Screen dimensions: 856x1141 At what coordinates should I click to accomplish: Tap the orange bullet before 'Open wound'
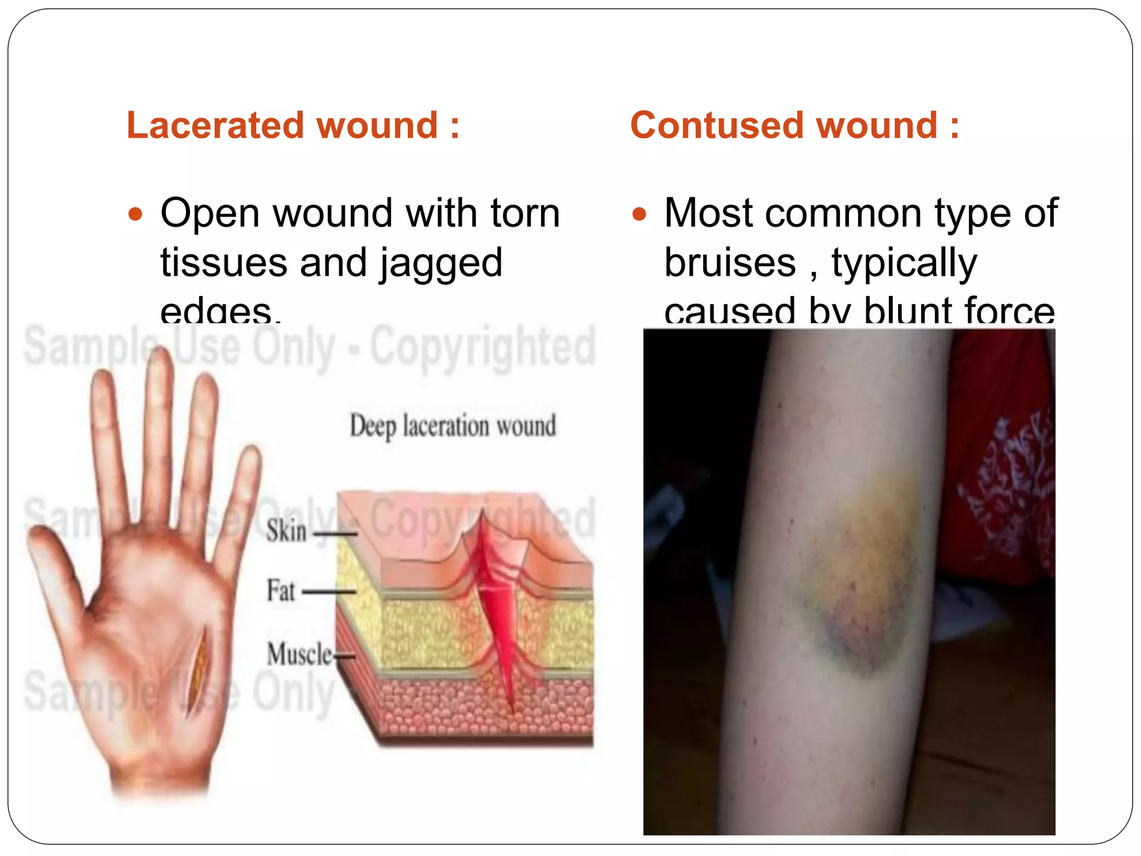(x=135, y=214)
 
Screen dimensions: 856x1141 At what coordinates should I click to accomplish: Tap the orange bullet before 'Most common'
(x=639, y=214)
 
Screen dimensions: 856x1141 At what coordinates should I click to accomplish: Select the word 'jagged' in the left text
(x=441, y=263)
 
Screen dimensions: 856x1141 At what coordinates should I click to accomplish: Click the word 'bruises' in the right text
(x=730, y=263)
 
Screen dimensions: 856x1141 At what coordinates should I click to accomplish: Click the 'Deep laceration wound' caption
(x=452, y=426)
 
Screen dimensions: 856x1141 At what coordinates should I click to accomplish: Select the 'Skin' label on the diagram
(x=286, y=530)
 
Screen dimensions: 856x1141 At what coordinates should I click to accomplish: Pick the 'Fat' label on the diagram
(x=280, y=591)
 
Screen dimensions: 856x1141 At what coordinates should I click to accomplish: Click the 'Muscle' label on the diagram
(x=299, y=654)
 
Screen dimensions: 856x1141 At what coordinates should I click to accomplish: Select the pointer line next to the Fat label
(x=329, y=592)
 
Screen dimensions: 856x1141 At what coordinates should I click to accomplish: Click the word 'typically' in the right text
(x=904, y=263)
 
